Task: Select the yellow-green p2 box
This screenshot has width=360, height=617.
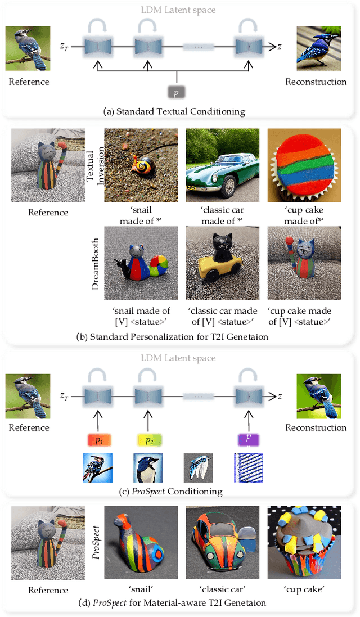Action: point(148,439)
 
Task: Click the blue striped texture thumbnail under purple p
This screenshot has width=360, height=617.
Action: point(248,469)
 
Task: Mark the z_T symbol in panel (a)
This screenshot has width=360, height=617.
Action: point(66,48)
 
